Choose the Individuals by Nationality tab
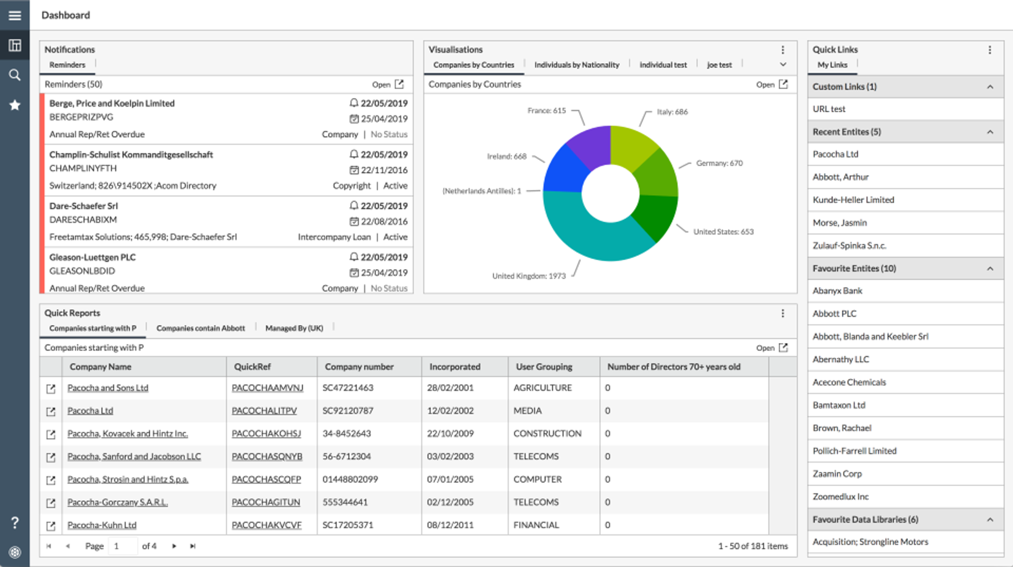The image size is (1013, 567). click(576, 65)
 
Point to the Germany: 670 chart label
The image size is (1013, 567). click(719, 163)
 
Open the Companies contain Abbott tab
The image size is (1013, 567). click(200, 328)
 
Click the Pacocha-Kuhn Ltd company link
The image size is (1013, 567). click(102, 525)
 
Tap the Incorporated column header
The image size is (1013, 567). click(455, 367)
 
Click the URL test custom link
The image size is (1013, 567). click(829, 109)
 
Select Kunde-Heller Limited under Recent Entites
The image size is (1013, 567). click(853, 200)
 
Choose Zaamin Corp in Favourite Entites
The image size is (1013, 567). click(837, 474)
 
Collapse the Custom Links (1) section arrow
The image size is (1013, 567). click(990, 87)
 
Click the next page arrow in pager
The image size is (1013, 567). click(174, 546)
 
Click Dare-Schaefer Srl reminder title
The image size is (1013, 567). click(83, 206)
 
